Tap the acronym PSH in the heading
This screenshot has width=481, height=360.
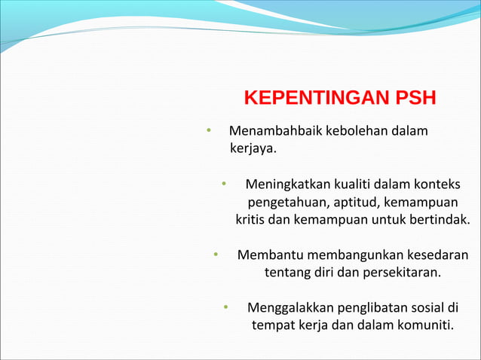pos(411,99)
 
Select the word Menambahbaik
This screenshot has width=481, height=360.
pos(270,132)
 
